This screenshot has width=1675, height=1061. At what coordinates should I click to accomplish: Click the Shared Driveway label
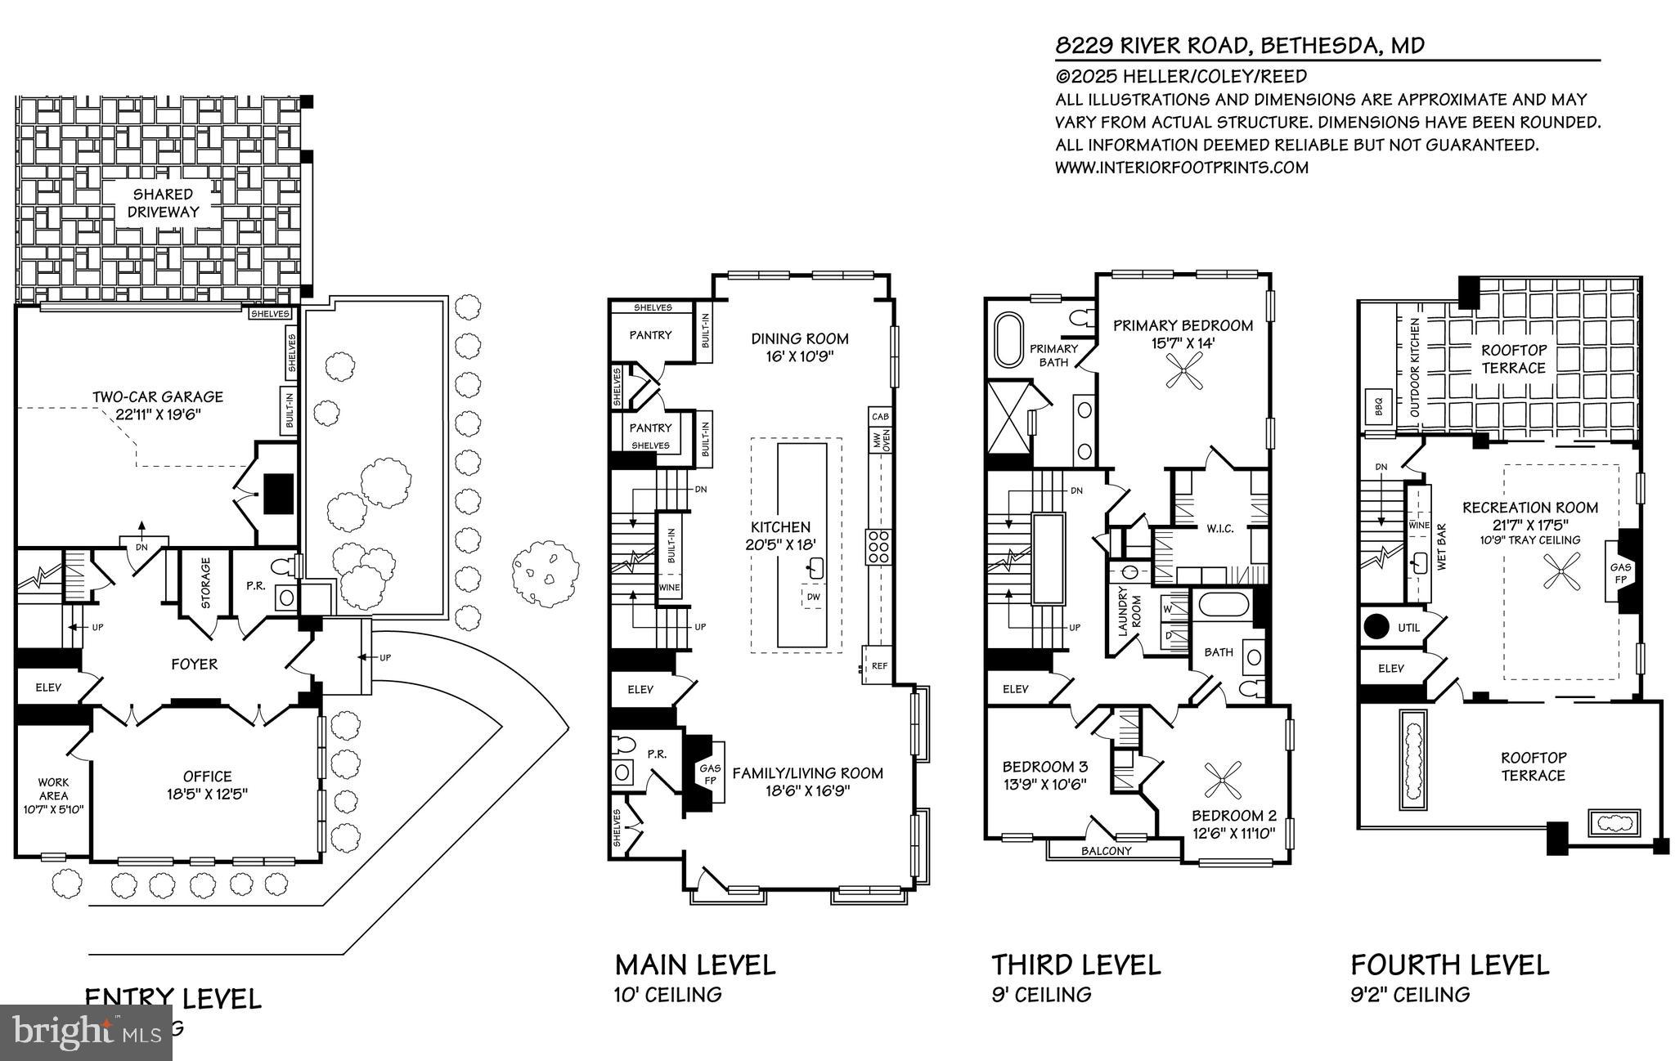coord(163,203)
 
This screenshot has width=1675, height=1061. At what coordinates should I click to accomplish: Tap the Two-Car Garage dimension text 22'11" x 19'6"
coord(158,414)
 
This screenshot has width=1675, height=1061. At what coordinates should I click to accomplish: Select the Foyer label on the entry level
coord(195,664)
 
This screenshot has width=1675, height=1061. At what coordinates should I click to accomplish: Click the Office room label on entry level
coord(208,777)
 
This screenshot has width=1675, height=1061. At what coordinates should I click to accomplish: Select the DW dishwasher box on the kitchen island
coord(813,597)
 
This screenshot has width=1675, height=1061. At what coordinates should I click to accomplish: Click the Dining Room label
coord(800,338)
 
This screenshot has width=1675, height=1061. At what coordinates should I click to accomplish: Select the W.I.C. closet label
coord(1219,529)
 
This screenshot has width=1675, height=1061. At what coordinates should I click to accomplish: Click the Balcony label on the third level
coord(1106,851)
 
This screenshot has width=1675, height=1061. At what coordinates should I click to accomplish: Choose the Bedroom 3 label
coord(1044,767)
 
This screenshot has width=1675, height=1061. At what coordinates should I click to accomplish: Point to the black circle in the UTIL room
coord(1376,627)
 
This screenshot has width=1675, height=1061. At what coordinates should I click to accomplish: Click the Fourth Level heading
coord(1449,965)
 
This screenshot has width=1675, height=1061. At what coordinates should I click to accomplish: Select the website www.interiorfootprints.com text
coord(1182,168)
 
